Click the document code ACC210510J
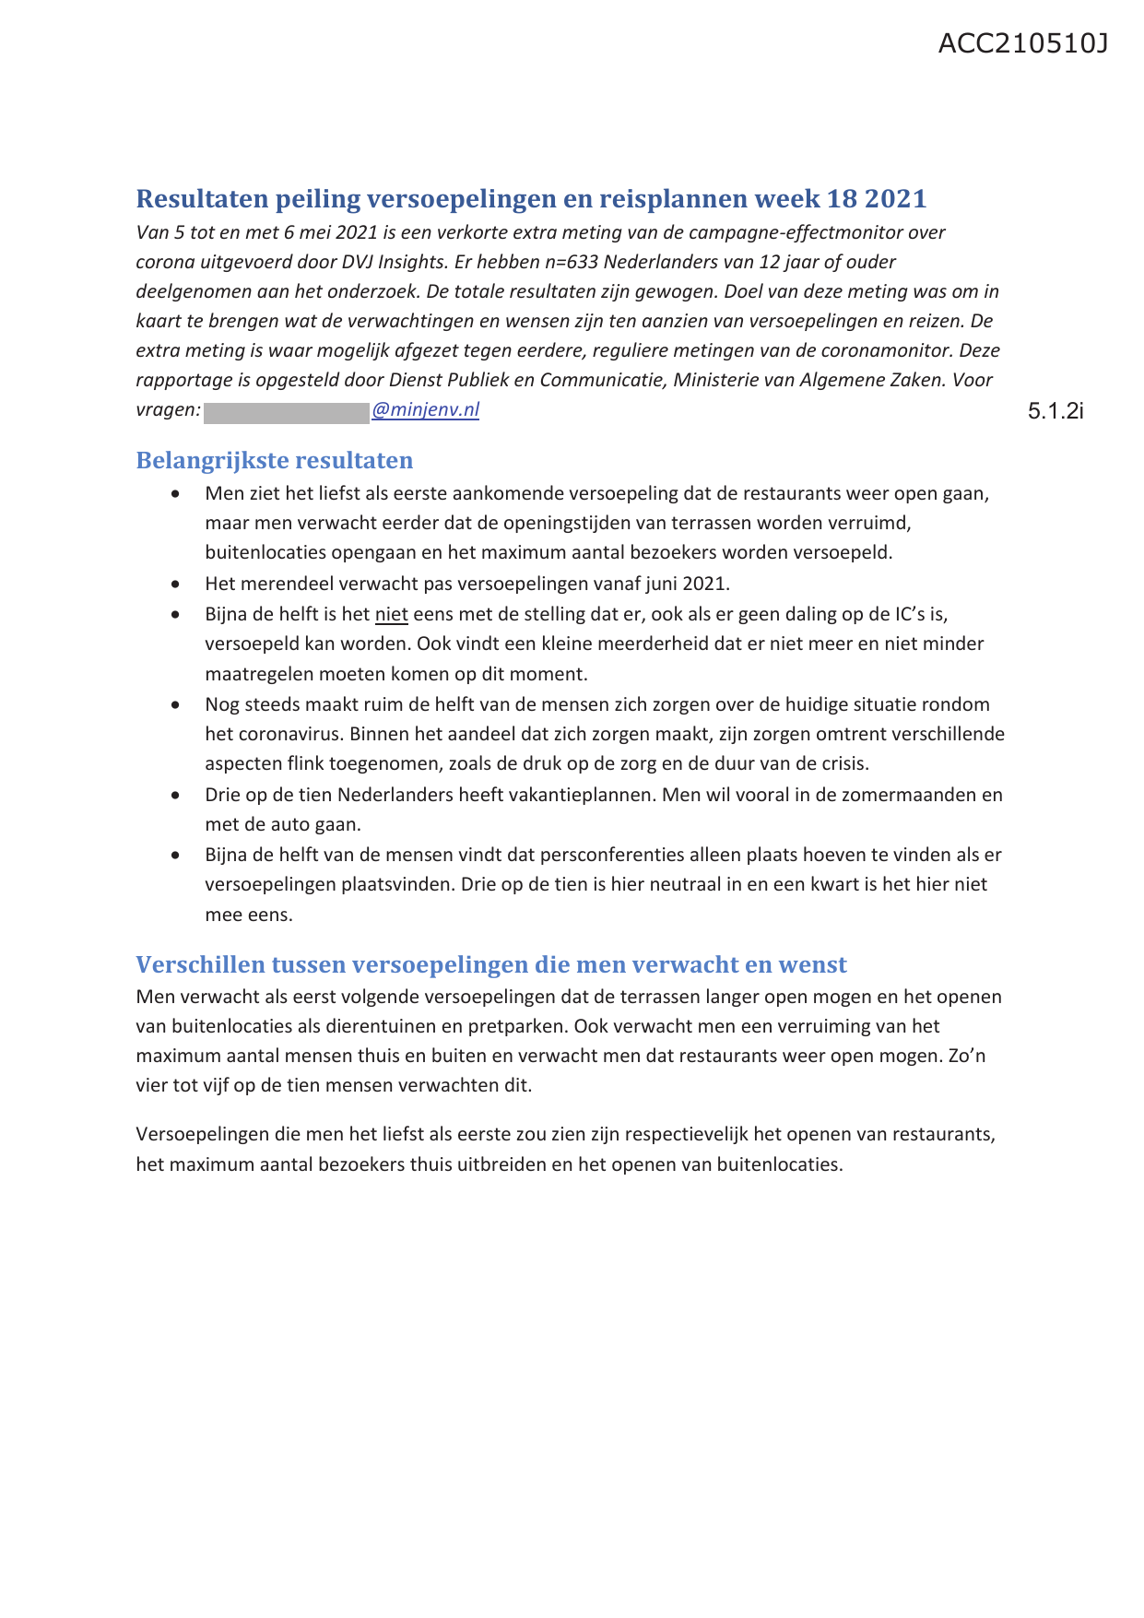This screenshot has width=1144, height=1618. pyautogui.click(x=1022, y=43)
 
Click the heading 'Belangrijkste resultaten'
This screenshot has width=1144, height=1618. pyautogui.click(x=274, y=460)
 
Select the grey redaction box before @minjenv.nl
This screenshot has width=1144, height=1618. pyautogui.click(x=286, y=411)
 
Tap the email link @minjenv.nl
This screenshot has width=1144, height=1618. pyautogui.click(x=425, y=409)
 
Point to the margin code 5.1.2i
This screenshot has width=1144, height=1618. pyautogui.click(x=1056, y=411)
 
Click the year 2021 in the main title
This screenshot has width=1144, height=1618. pyautogui.click(x=895, y=198)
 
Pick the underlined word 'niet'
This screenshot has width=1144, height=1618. pyautogui.click(x=391, y=614)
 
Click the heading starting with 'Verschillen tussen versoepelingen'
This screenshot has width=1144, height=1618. pyautogui.click(x=490, y=964)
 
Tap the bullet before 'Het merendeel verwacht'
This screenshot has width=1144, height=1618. pyautogui.click(x=176, y=584)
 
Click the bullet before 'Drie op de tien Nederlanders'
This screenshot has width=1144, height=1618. pyautogui.click(x=176, y=795)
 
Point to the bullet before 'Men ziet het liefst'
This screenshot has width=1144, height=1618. pyautogui.click(x=176, y=493)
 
